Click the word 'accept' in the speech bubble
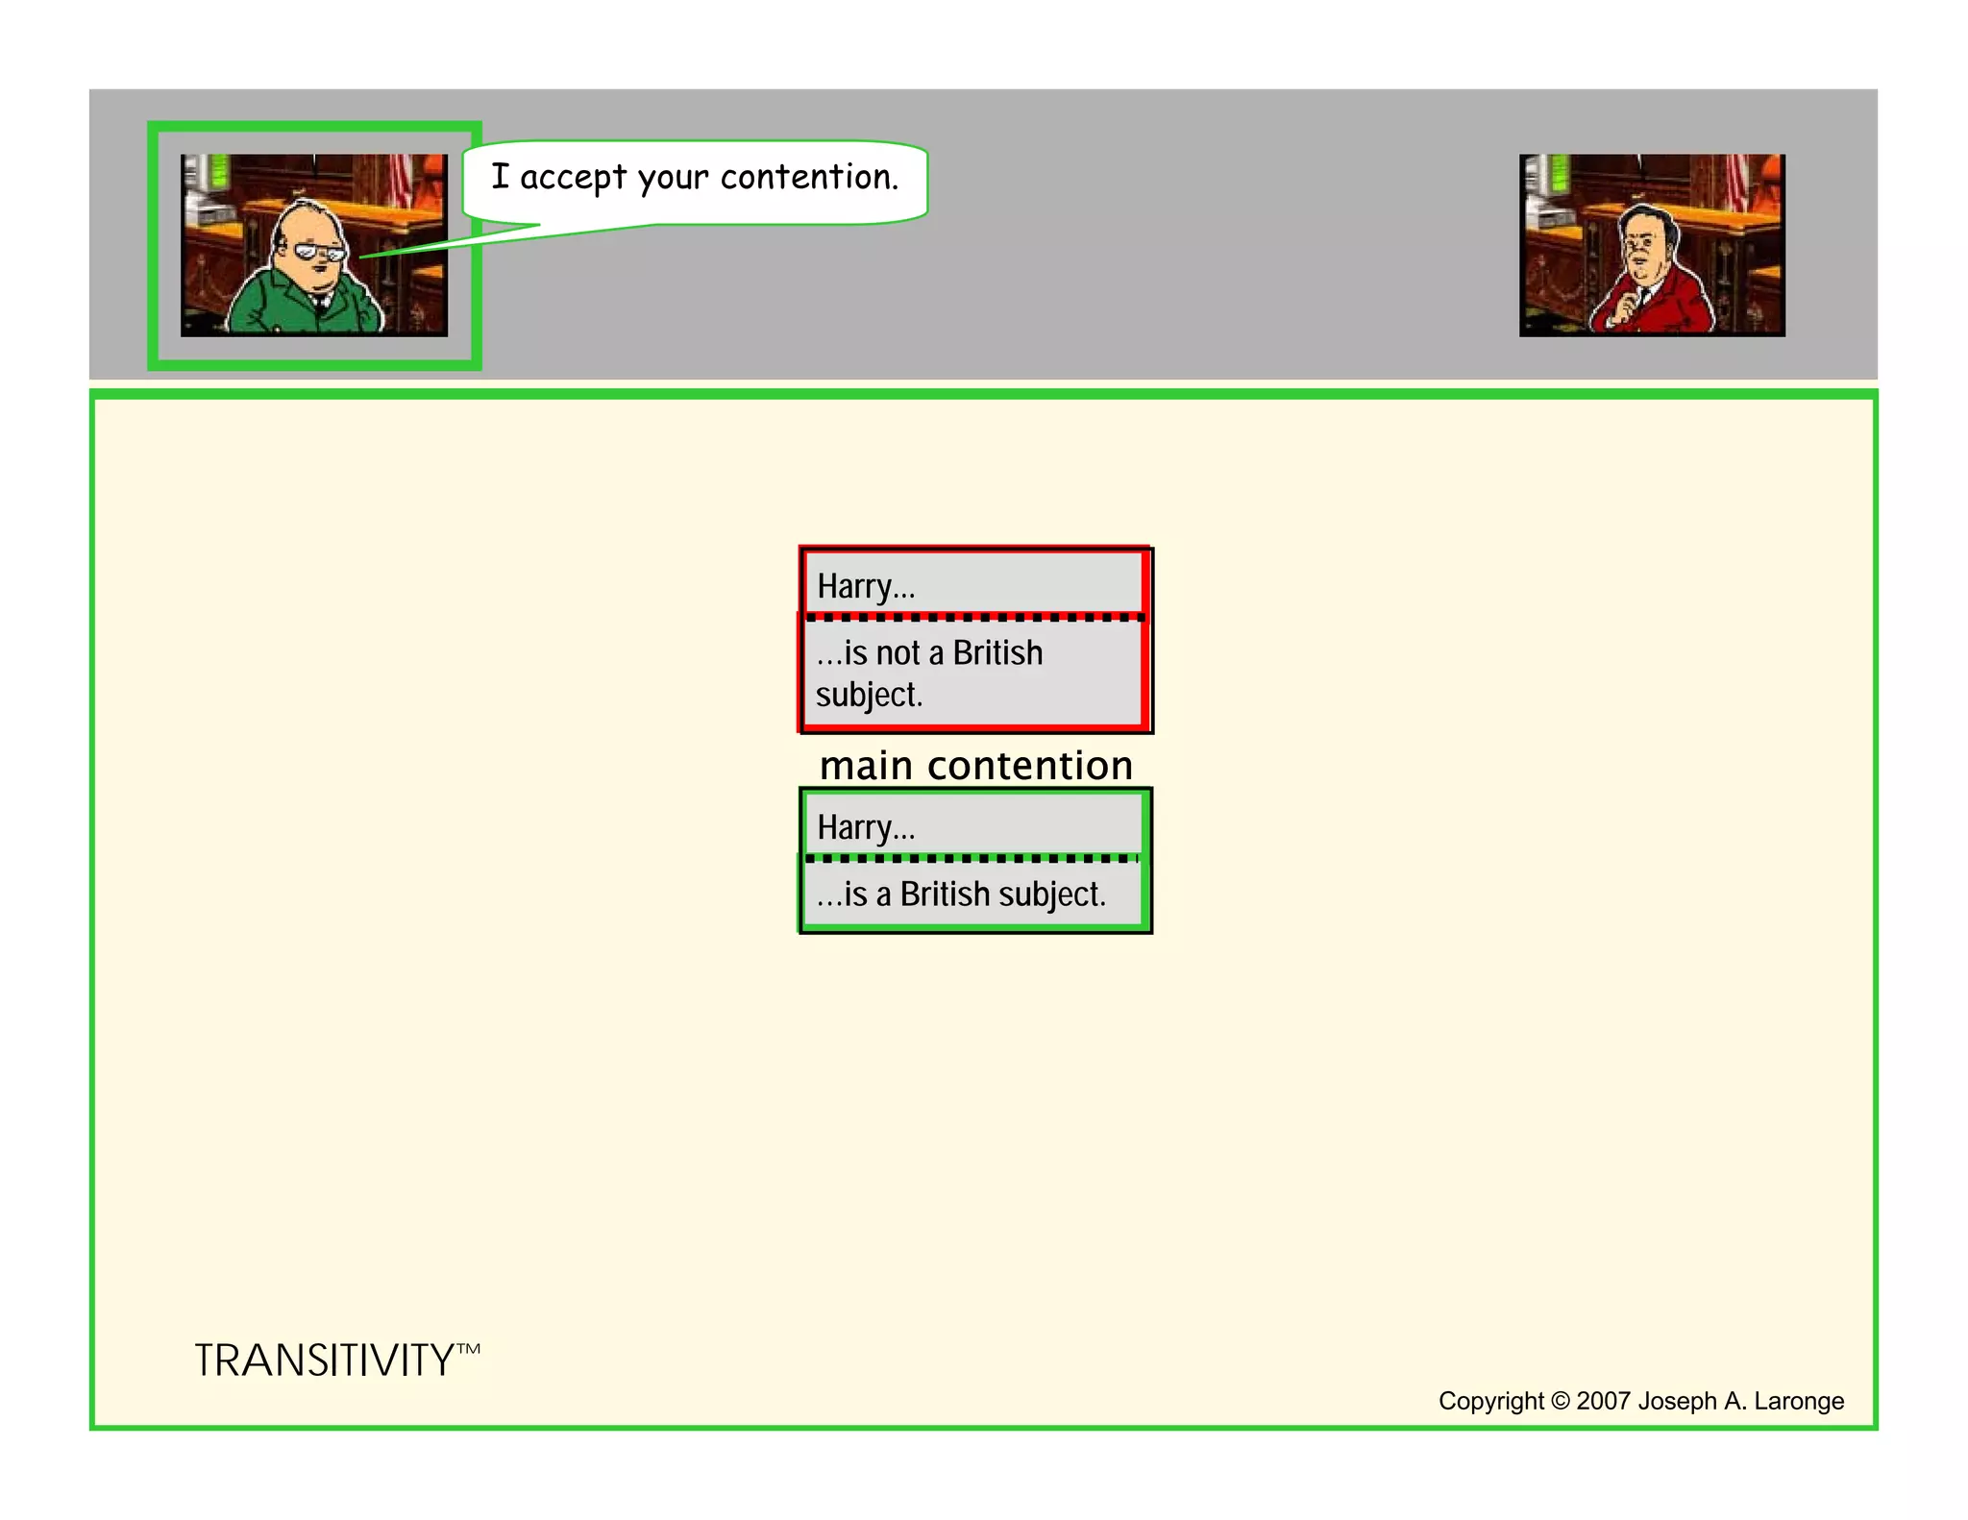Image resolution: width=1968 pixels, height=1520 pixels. (x=573, y=178)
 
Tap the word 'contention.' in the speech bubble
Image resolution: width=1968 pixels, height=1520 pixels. (x=809, y=177)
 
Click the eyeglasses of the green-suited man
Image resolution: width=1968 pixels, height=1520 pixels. (x=320, y=252)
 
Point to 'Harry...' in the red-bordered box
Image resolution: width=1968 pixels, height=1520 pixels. (x=866, y=586)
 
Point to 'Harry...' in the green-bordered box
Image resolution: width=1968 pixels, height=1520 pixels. (x=866, y=827)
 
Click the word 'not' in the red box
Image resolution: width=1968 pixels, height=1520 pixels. (x=897, y=653)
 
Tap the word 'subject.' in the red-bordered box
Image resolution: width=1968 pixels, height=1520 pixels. (x=869, y=695)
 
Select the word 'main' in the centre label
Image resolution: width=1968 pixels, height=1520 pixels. (x=866, y=766)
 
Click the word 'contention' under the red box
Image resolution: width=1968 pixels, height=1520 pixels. (x=1030, y=766)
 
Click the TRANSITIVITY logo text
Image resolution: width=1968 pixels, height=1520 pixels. (x=324, y=1361)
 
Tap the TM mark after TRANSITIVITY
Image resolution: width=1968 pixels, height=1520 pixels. (x=468, y=1349)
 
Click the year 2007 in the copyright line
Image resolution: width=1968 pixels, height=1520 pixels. (x=1603, y=1401)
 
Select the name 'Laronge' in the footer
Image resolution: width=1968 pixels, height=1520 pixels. (x=1799, y=1401)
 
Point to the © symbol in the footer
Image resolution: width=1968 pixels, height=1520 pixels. (x=1560, y=1401)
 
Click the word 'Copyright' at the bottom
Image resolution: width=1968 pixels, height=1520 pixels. (x=1490, y=1401)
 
